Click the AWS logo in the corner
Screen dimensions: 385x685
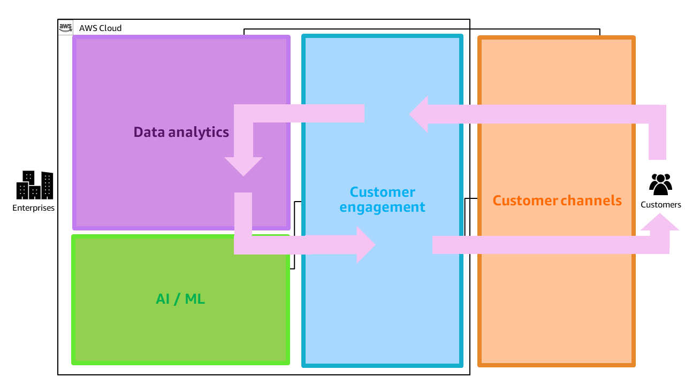pyautogui.click(x=65, y=27)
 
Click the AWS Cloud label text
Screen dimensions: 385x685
pyautogui.click(x=100, y=28)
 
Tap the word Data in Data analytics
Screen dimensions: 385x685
pyautogui.click(x=149, y=132)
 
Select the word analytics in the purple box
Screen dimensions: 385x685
pyautogui.click(x=198, y=132)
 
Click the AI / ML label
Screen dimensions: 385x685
pyautogui.click(x=180, y=299)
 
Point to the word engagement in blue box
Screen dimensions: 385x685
pyautogui.click(x=382, y=207)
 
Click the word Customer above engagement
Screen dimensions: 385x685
pyautogui.click(x=382, y=192)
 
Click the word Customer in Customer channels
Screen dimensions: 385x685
pyautogui.click(x=525, y=201)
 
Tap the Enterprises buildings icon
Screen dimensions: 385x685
pyautogui.click(x=34, y=185)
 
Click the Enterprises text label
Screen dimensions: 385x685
pyautogui.click(x=34, y=208)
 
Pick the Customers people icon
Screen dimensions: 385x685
pyautogui.click(x=660, y=184)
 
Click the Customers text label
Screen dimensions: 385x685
pyautogui.click(x=661, y=205)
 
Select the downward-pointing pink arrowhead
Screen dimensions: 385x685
pyautogui.click(x=243, y=166)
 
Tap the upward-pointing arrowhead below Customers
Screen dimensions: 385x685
pyautogui.click(x=660, y=222)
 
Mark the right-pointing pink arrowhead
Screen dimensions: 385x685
pyautogui.click(x=366, y=245)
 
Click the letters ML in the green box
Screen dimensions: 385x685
pyautogui.click(x=195, y=299)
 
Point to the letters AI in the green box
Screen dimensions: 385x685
pyautogui.click(x=162, y=299)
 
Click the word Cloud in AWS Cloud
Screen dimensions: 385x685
pyautogui.click(x=110, y=28)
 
